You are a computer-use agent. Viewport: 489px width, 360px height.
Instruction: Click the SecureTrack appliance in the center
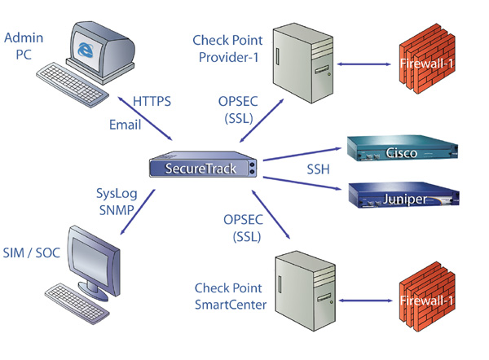pyautogui.click(x=204, y=168)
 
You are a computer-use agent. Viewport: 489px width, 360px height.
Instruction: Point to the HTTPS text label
pyautogui.click(x=152, y=101)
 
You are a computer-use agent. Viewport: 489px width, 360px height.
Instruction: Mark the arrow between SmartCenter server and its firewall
pyautogui.click(x=363, y=301)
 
